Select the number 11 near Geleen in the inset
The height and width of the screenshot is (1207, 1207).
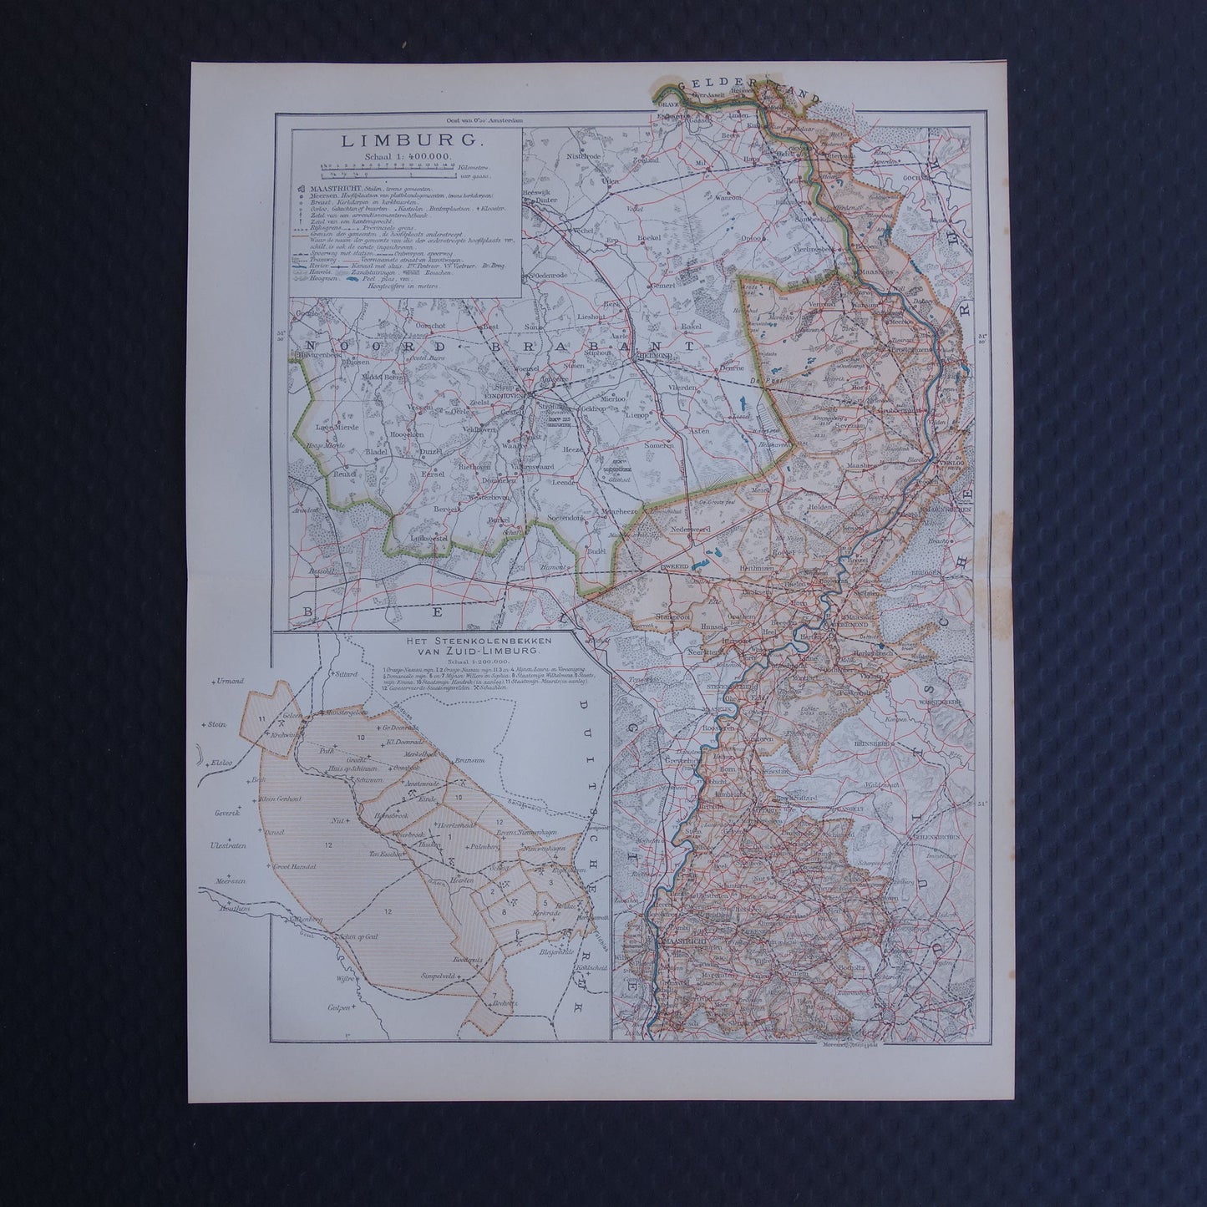262,718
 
